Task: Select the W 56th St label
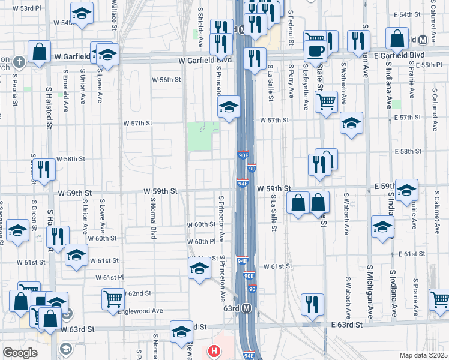(x=166, y=79)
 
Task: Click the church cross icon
(x=19, y=61)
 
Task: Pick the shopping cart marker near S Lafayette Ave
(x=326, y=101)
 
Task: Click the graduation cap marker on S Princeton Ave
(x=229, y=107)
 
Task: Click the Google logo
(x=20, y=353)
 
